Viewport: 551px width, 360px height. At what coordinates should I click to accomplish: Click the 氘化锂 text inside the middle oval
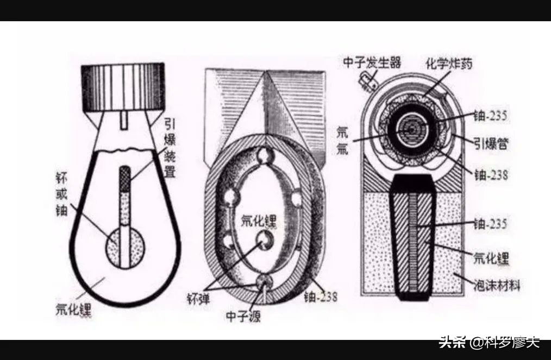(x=258, y=221)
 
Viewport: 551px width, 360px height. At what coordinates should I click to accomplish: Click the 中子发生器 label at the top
(x=372, y=62)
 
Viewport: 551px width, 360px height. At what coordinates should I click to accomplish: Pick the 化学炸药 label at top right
(x=448, y=64)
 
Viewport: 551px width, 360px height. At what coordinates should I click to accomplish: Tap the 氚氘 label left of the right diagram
(x=342, y=140)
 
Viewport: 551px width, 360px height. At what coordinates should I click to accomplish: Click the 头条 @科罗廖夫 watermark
(x=489, y=343)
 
